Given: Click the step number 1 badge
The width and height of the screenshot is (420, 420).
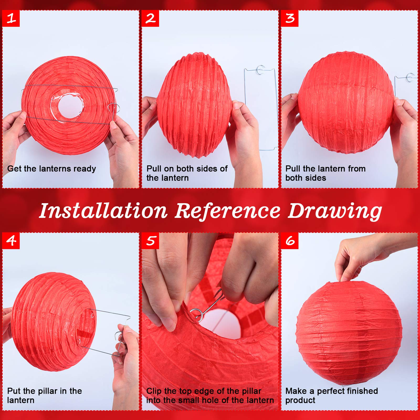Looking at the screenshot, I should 11,18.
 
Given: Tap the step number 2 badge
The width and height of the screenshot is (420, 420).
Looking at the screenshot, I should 150,18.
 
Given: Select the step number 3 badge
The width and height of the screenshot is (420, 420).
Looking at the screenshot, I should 290,18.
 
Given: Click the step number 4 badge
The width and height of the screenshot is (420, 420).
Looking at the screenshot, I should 11,240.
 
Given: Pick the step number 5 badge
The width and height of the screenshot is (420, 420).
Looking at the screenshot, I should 150,240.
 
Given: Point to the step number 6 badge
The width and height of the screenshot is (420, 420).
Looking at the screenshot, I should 290,240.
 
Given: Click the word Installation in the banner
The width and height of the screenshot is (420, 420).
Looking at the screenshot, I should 103,211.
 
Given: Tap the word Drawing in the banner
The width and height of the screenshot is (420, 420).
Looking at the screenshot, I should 335,211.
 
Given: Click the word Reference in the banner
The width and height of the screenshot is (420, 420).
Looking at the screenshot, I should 227,211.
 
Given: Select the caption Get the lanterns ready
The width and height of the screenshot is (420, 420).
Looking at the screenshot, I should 51,169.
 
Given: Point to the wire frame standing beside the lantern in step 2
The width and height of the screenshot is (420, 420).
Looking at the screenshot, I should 260,108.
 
